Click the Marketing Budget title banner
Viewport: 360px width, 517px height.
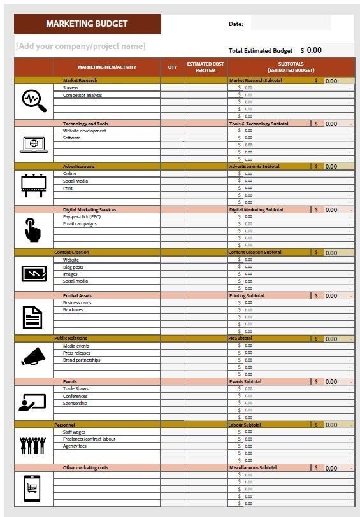coord(87,24)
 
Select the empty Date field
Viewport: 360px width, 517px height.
coord(290,24)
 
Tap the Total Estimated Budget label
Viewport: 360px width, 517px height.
coord(260,50)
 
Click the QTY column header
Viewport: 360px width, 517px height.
coord(173,67)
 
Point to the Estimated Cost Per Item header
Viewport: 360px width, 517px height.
coord(205,67)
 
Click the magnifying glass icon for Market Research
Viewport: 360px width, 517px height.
coord(34,100)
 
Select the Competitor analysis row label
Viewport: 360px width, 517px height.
coord(82,96)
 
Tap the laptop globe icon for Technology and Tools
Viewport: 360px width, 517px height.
coord(34,143)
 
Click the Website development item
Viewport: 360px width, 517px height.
coord(84,131)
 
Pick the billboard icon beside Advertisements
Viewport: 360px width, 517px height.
coord(34,185)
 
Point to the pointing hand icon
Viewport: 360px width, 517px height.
coord(33,229)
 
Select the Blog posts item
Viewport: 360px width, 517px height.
coord(73,267)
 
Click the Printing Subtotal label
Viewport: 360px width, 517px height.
coord(247,296)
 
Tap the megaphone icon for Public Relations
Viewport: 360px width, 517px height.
coord(34,357)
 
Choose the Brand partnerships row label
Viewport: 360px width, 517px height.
coord(82,360)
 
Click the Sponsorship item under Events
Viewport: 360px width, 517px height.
coord(75,404)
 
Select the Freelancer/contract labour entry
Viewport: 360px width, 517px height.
coord(89,439)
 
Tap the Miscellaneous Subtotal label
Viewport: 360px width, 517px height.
coord(253,468)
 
